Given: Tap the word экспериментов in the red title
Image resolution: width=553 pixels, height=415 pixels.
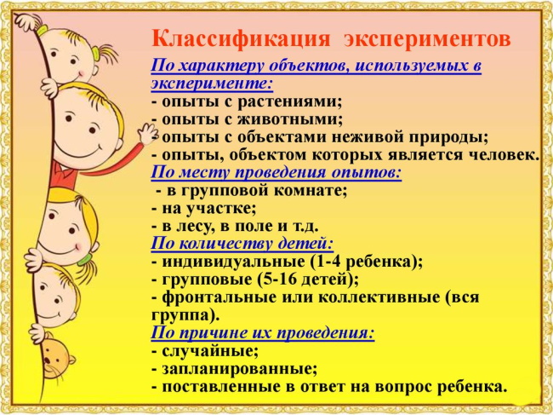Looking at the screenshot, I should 430,40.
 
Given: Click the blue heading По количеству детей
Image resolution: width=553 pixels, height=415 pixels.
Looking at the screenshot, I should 242,245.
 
